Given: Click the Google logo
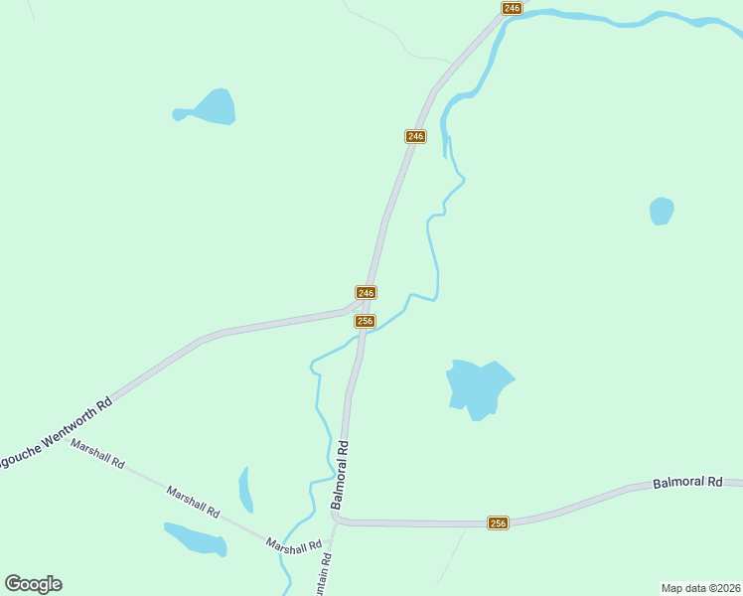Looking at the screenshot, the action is click(33, 584).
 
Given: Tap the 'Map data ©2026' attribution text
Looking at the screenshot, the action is click(700, 588).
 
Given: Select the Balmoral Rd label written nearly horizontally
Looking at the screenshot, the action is click(687, 483).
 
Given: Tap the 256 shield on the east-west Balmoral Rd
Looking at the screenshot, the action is click(498, 523).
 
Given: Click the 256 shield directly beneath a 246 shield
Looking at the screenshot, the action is click(365, 321).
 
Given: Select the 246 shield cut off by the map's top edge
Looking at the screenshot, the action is click(512, 8).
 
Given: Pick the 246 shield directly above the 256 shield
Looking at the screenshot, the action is click(366, 292).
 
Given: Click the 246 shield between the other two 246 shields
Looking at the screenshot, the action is click(415, 136).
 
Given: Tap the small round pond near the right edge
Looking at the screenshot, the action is click(661, 211).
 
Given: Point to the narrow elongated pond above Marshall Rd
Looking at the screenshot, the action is click(245, 489).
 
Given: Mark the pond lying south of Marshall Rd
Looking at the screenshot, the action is click(196, 539).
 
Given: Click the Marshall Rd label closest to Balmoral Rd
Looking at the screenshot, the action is click(294, 544).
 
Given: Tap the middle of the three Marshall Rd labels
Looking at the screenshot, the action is click(193, 501).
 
